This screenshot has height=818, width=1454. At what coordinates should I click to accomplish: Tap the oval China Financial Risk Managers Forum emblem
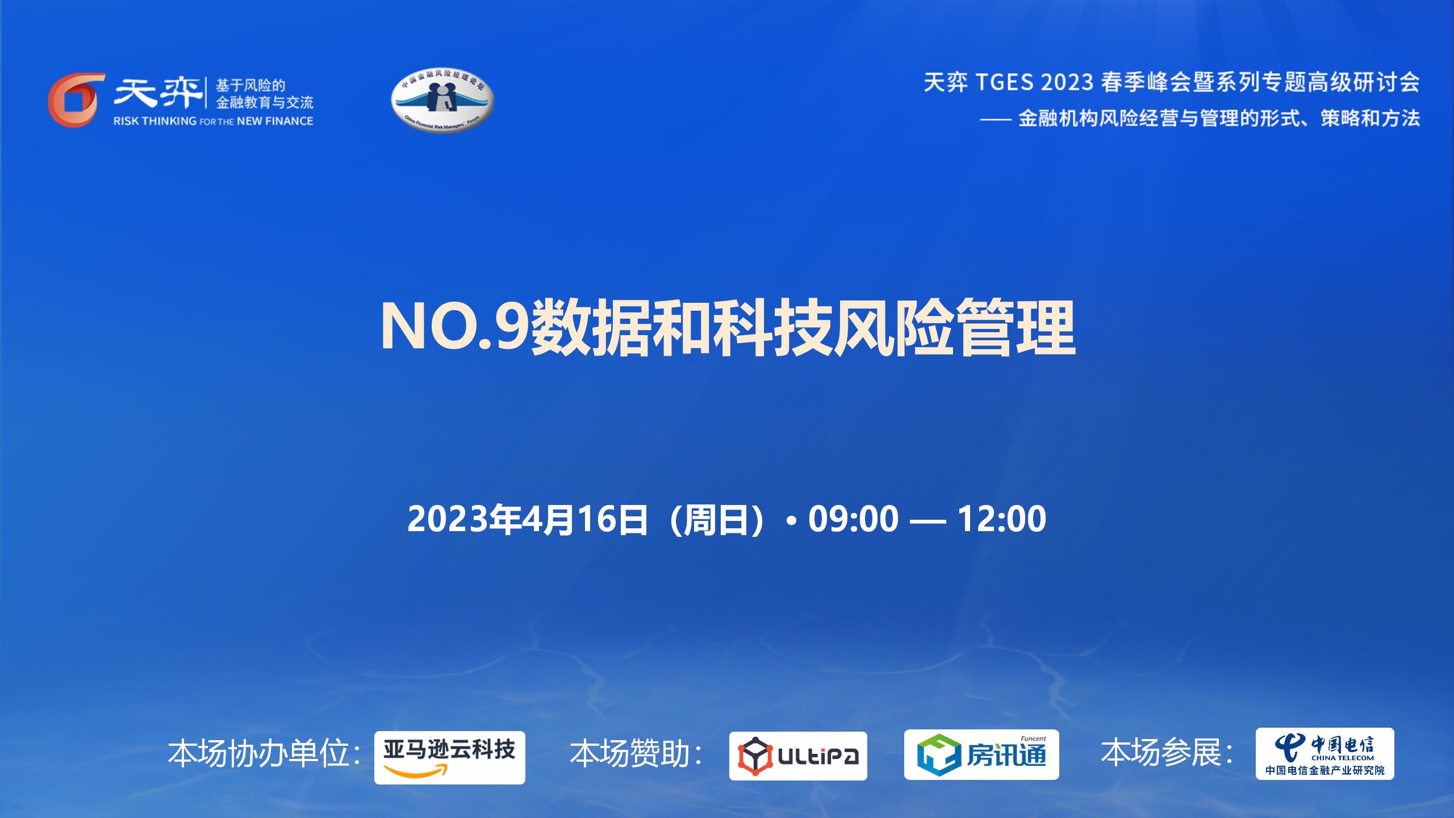tap(442, 101)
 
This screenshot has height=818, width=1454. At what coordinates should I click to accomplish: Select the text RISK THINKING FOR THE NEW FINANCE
tap(214, 121)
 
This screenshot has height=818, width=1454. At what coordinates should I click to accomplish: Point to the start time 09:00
tap(853, 518)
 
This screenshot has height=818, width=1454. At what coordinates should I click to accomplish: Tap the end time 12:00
tap(1002, 518)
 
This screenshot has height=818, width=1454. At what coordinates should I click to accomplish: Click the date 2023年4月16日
tap(528, 519)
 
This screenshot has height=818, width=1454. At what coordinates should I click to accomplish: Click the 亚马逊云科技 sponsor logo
tap(450, 758)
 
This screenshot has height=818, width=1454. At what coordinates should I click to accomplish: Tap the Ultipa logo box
tap(798, 756)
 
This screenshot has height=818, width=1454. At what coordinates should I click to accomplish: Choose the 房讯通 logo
tap(981, 755)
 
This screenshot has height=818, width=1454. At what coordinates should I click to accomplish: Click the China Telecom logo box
tap(1325, 754)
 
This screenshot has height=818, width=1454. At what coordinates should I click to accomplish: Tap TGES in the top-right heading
tap(1005, 83)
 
